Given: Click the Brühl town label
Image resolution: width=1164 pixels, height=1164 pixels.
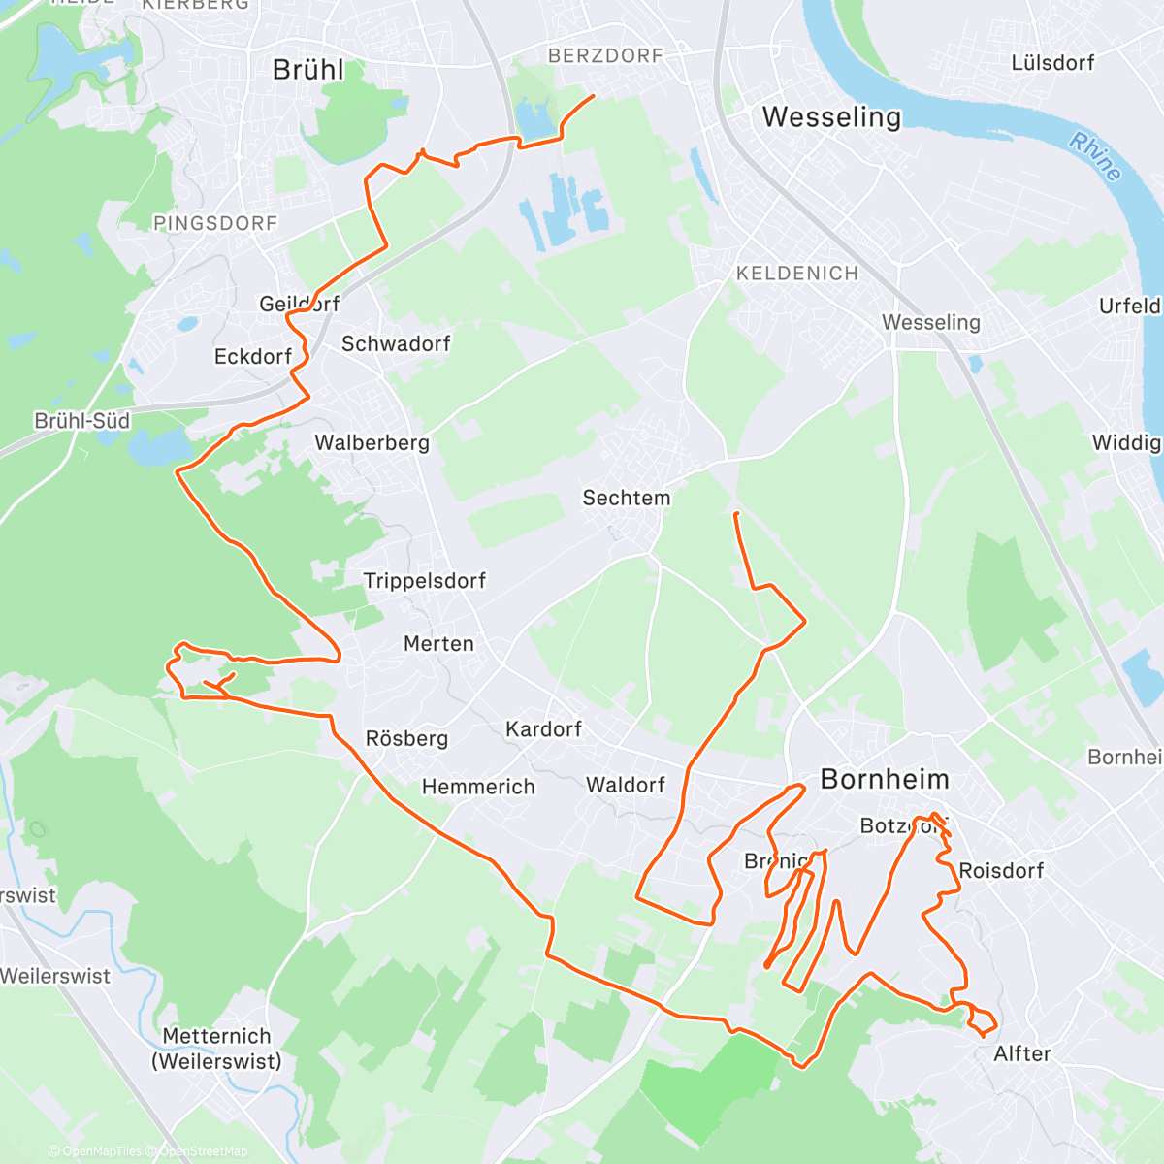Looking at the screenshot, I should click(x=307, y=70).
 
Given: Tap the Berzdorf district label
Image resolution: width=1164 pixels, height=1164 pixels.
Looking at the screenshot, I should click(x=605, y=56).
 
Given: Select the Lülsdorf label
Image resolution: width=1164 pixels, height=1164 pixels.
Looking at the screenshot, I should click(x=1052, y=63).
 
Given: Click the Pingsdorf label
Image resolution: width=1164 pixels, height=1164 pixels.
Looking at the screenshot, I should click(x=215, y=224).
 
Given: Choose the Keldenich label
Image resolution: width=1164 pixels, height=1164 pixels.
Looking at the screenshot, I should click(x=797, y=274).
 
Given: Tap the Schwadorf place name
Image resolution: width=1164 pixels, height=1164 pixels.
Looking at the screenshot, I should click(x=396, y=344).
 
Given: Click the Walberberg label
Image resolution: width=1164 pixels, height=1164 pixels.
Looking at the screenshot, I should click(x=372, y=443).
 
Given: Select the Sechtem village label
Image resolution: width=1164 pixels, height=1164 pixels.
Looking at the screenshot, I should click(x=626, y=499).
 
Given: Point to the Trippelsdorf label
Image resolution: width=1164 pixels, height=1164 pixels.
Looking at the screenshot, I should click(x=424, y=581).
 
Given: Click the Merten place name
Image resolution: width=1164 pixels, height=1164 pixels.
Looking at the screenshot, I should click(x=438, y=644).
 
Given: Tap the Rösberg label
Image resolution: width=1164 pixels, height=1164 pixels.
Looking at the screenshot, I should click(x=406, y=739).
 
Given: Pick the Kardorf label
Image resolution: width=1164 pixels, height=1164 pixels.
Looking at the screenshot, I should click(x=543, y=729).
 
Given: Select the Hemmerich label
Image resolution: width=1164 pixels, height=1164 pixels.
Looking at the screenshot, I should click(x=478, y=787).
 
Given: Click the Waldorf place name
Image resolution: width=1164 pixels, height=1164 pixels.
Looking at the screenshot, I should click(x=626, y=785).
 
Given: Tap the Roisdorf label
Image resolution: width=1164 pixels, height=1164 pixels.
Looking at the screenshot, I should click(x=1001, y=871).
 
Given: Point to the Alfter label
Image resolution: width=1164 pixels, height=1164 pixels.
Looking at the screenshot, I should click(x=1022, y=1054).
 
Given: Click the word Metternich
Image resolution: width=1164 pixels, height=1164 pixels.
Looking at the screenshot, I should click(x=216, y=1036).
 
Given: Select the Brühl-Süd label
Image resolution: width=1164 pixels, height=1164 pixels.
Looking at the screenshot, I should click(x=81, y=421).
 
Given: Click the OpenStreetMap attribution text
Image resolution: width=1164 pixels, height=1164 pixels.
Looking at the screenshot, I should click(x=203, y=1151).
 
